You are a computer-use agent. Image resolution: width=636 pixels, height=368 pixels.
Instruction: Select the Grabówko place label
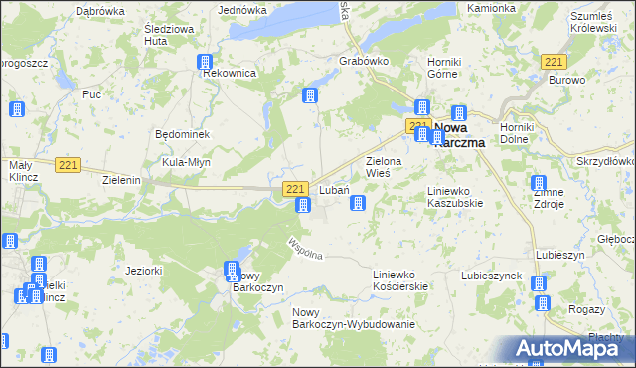pyautogui.click(x=364, y=60)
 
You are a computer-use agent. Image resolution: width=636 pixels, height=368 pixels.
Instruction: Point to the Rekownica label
pyautogui.click(x=230, y=74)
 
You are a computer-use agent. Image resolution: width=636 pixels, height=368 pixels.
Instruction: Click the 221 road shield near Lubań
pyautogui.click(x=294, y=188)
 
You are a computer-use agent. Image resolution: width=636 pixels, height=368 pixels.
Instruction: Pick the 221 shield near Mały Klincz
pyautogui.click(x=68, y=165)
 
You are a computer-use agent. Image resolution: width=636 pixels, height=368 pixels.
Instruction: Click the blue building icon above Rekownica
pyautogui.click(x=205, y=62)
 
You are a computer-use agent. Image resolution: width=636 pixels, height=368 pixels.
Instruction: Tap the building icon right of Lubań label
pyautogui.click(x=358, y=204)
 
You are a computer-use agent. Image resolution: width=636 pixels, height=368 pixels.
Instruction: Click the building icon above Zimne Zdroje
pyautogui.click(x=539, y=184)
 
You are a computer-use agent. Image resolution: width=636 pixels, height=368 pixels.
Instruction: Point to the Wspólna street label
pyautogui.click(x=305, y=249)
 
